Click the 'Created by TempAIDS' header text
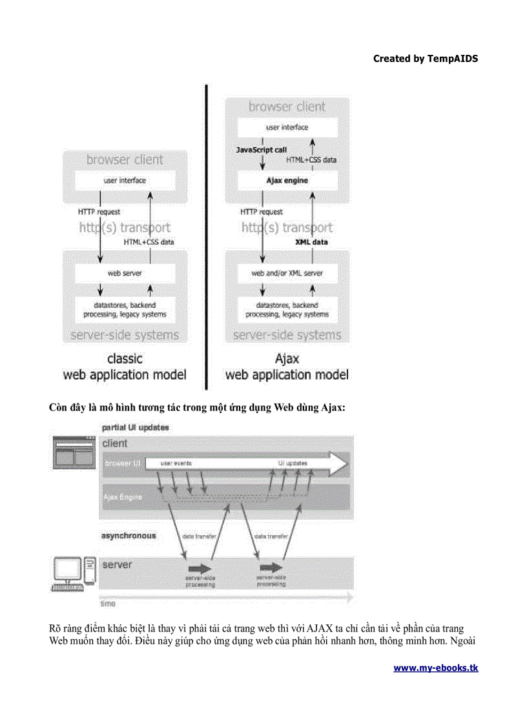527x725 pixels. click(x=426, y=59)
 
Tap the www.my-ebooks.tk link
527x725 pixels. click(x=436, y=668)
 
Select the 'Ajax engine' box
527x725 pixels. click(x=287, y=181)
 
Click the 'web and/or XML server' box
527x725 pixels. click(x=287, y=274)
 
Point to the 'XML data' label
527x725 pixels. click(x=311, y=242)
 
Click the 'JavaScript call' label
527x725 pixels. click(x=261, y=150)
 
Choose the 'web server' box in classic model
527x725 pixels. click(x=125, y=274)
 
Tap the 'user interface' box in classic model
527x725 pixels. click(x=125, y=181)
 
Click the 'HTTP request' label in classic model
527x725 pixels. click(x=99, y=212)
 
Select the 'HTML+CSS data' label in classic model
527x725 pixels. click(x=149, y=242)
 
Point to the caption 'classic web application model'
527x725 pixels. click(x=125, y=367)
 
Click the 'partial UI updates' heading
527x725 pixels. click(x=136, y=427)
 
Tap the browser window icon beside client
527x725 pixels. click(x=74, y=451)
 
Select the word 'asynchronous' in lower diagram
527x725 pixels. click(x=129, y=536)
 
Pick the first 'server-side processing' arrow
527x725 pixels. click(x=200, y=569)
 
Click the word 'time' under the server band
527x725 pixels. click(x=107, y=604)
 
